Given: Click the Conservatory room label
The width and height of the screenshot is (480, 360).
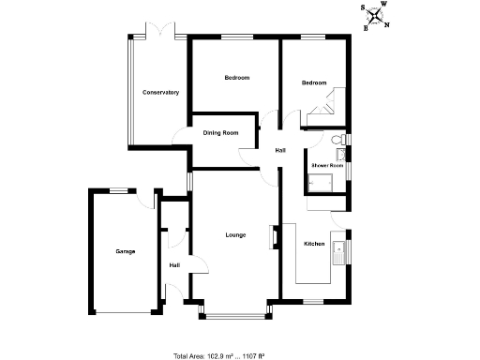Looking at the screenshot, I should pyautogui.click(x=160, y=92).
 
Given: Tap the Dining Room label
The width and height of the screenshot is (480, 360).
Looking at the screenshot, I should pyautogui.click(x=221, y=133).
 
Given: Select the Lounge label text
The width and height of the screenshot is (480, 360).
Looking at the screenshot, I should pyautogui.click(x=235, y=234).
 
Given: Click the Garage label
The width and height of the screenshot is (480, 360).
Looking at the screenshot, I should pyautogui.click(x=125, y=251).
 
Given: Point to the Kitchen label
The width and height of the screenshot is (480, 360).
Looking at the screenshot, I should pyautogui.click(x=314, y=244).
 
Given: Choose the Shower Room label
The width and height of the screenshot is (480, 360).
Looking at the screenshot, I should pyautogui.click(x=328, y=165).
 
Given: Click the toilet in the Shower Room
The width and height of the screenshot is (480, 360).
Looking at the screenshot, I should pyautogui.click(x=339, y=141).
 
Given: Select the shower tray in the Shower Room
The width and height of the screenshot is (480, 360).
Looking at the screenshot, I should pyautogui.click(x=322, y=181).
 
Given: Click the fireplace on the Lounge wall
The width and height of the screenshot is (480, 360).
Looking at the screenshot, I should pyautogui.click(x=275, y=237).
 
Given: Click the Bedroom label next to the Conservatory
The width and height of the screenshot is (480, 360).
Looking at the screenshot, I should pyautogui.click(x=236, y=78).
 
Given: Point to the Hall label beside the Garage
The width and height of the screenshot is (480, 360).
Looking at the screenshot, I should pyautogui.click(x=174, y=265).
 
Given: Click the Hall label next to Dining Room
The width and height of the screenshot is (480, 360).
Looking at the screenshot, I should pyautogui.click(x=279, y=150).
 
